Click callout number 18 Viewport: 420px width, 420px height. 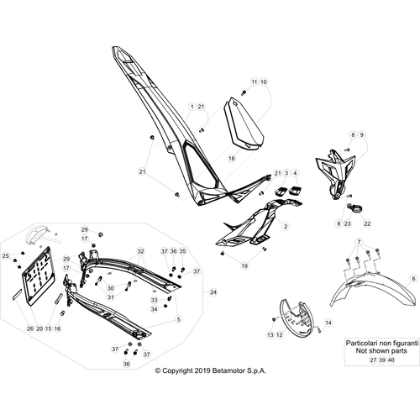tap(232, 159)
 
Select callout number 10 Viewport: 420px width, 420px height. tap(264, 82)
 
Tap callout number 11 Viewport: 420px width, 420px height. tap(254, 82)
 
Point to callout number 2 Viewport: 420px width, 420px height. tap(286, 226)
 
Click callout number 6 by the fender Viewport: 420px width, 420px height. tap(413, 279)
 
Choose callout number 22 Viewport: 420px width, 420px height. tap(367, 223)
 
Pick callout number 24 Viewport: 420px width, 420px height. tap(213, 292)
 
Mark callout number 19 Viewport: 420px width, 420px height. tap(244, 265)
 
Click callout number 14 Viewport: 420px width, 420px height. tap(328, 323)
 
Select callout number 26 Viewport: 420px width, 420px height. tap(30, 328)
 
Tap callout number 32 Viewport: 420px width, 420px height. tap(140, 251)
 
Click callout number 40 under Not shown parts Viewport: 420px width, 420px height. tap(391, 360)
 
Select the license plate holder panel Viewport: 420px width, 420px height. tap(39, 276)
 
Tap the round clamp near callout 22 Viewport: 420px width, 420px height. tap(352, 207)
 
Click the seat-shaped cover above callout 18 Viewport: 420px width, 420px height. tap(244, 123)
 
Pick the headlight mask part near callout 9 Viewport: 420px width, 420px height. tap(335, 174)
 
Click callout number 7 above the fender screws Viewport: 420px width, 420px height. tap(359, 241)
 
